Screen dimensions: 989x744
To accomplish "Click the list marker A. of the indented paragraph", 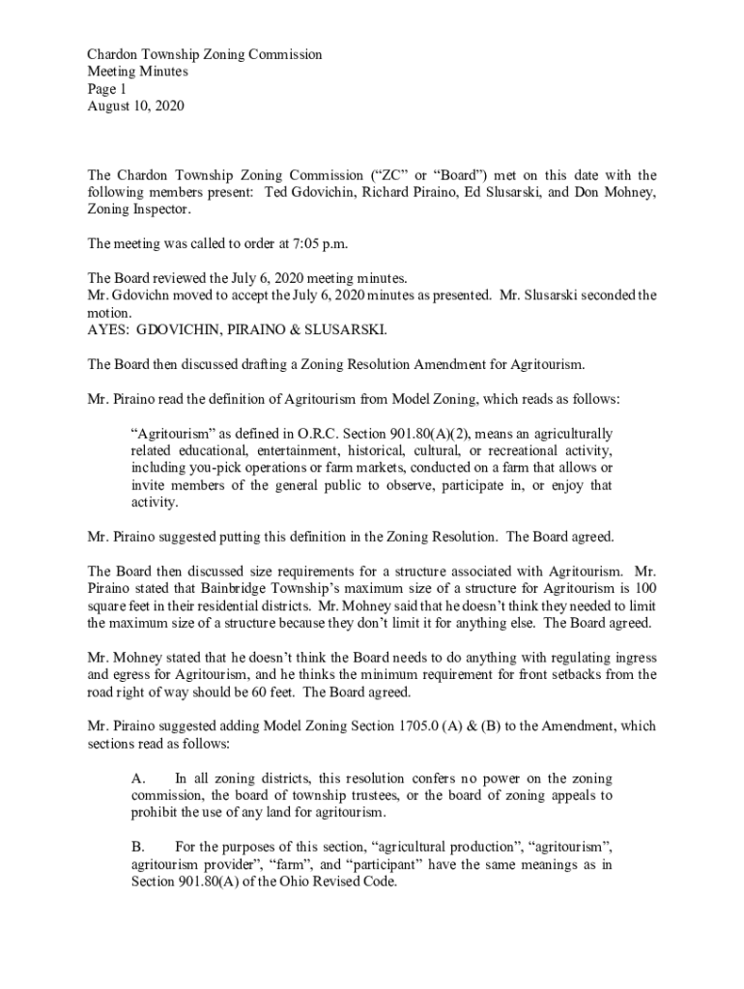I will click(x=138, y=778).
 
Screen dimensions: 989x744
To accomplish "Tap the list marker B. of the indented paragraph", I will click(x=138, y=848).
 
